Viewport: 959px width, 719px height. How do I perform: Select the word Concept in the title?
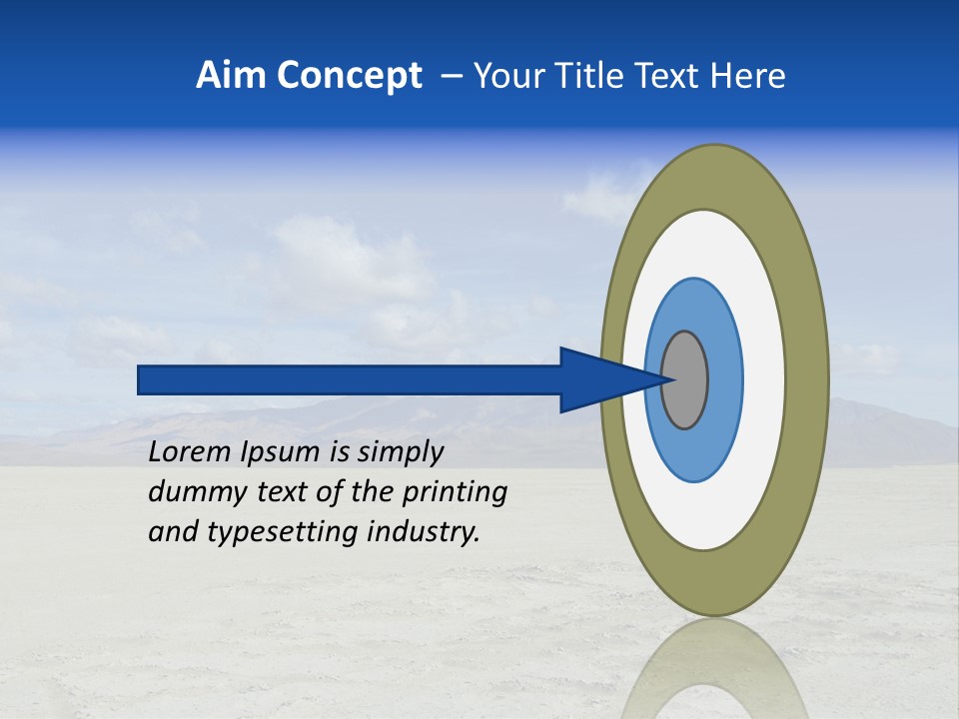pos(350,76)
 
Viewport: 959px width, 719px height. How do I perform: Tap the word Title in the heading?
pos(588,76)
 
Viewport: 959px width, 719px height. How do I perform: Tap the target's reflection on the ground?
pos(714,669)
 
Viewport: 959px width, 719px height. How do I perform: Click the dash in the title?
pos(452,76)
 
